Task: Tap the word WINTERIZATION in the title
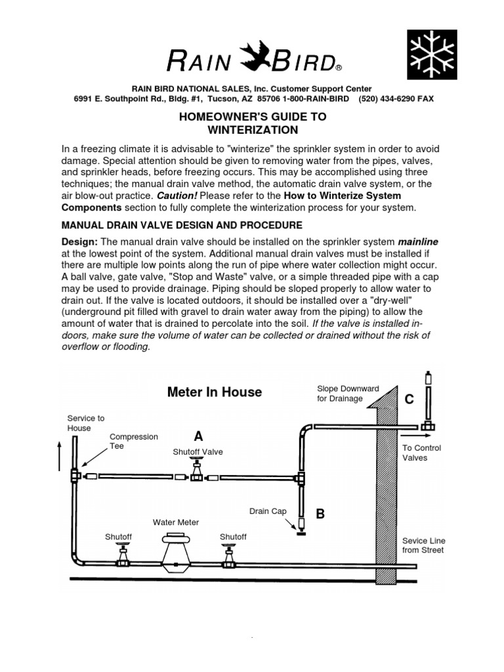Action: coord(253,130)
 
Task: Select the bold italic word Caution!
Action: coord(174,196)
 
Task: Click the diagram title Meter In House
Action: coord(214,392)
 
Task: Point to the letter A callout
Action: coord(198,436)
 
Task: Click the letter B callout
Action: coord(320,514)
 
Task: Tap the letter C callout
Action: coord(409,399)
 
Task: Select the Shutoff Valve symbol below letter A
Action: coord(197,471)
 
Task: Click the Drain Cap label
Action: coord(268,511)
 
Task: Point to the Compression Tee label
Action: coord(134,441)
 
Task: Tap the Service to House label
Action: coord(86,423)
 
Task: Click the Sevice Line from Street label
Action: coord(423,545)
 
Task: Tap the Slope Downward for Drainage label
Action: coord(348,394)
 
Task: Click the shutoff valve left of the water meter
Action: coord(123,555)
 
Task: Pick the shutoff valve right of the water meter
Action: coord(228,555)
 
